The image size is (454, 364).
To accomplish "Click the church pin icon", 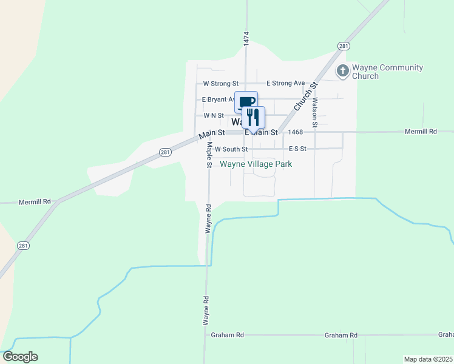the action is tap(342, 71).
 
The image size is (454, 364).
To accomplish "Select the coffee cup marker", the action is tap(247, 102).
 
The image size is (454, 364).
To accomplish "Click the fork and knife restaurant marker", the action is tap(254, 116).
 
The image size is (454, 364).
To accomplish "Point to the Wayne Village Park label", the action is tap(256, 164).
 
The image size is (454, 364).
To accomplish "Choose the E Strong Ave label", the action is tap(285, 83).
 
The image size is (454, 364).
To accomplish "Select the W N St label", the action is tap(214, 115).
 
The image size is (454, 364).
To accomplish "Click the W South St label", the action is tap(231, 149).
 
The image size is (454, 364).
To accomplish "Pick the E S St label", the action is tap(298, 149).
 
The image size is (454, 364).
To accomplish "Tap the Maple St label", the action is tap(209, 155).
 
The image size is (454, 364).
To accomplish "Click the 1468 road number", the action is tap(296, 132).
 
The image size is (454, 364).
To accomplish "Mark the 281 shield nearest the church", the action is tap(344, 46).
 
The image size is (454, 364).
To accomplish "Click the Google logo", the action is tap(20, 357).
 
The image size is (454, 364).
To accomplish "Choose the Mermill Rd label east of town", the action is tap(421, 131).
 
